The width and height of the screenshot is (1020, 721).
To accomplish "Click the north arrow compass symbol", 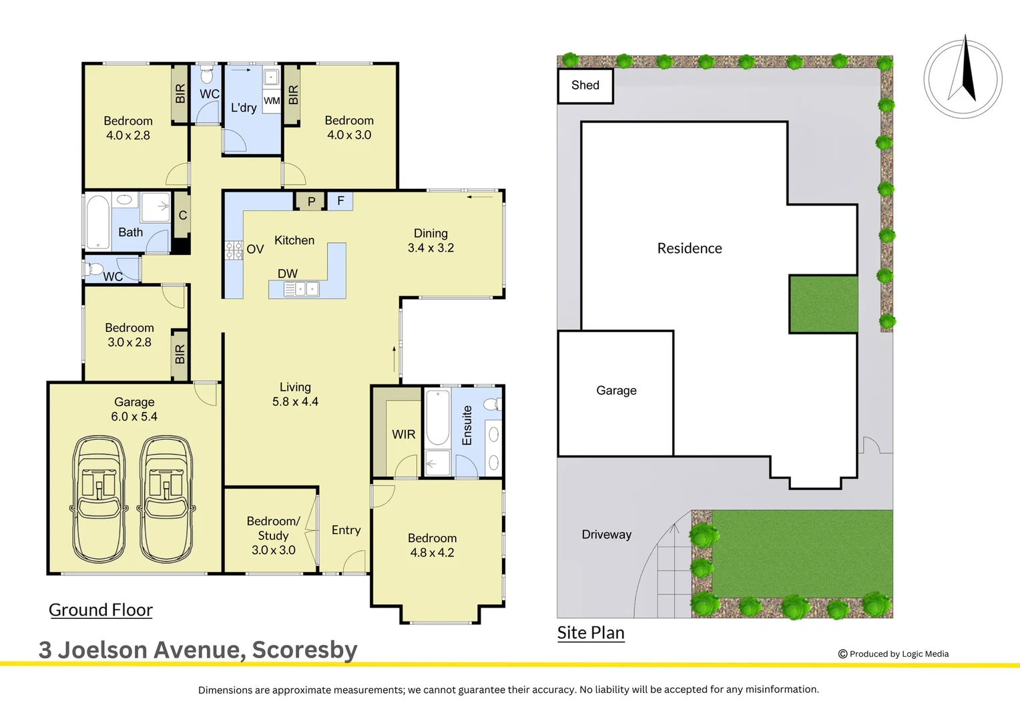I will click(963, 78).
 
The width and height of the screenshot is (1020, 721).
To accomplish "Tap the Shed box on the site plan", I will click(585, 85).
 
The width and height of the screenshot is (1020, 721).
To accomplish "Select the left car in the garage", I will click(99, 499).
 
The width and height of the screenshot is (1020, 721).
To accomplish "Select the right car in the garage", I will click(166, 499).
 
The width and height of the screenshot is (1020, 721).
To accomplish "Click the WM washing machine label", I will click(272, 101).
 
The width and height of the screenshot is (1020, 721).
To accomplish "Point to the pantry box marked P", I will click(311, 201).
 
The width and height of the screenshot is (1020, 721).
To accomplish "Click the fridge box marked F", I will click(340, 200).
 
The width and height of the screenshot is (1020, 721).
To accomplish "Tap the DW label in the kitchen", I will click(288, 274).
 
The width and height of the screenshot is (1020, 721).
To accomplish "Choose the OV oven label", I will click(255, 249).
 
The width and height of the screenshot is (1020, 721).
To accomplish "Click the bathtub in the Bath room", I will click(98, 222).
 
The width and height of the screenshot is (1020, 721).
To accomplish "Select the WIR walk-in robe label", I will click(403, 435).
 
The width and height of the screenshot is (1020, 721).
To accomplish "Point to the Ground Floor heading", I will click(101, 610).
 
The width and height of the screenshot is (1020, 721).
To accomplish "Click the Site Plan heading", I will click(591, 633).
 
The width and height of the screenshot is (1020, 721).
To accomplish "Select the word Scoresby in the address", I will click(304, 650).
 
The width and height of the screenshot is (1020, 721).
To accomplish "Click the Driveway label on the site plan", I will click(606, 535).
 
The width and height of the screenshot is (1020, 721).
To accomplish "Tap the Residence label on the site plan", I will click(690, 248).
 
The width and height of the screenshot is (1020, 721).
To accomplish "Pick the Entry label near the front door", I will click(346, 530).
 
